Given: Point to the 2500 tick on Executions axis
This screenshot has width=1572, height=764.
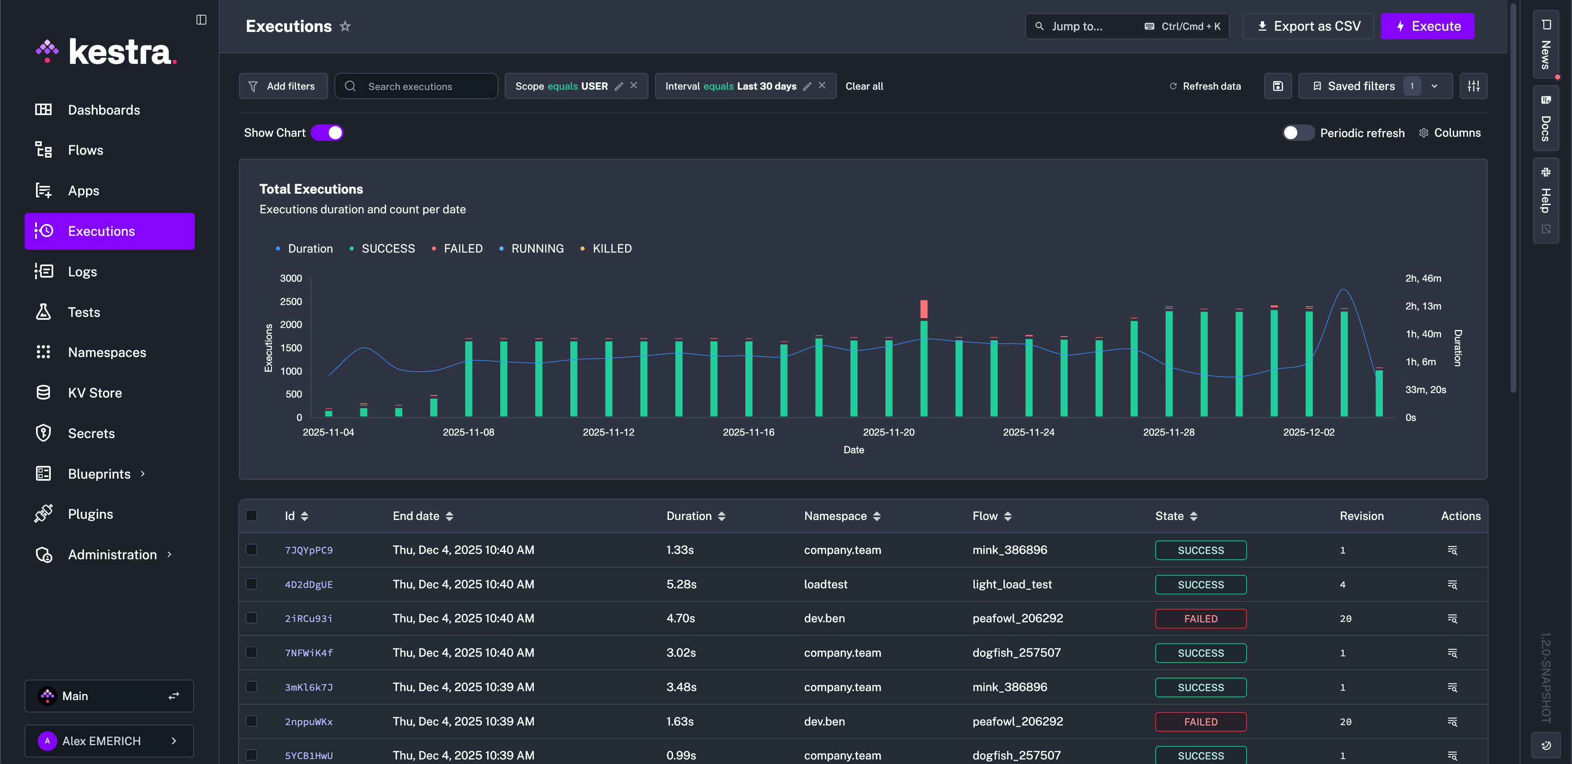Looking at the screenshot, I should point(291,301).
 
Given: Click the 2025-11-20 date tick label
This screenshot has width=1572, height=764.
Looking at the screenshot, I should point(888,432).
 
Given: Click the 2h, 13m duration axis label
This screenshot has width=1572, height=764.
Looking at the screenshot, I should point(1423,306).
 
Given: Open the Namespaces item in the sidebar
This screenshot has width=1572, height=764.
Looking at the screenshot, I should point(107,353).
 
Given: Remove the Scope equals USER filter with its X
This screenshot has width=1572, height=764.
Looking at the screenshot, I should point(633,86).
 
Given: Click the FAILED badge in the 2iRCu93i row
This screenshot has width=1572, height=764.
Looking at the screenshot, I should point(1200,619).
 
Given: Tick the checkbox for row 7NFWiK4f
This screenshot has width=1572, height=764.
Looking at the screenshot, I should point(251,652).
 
